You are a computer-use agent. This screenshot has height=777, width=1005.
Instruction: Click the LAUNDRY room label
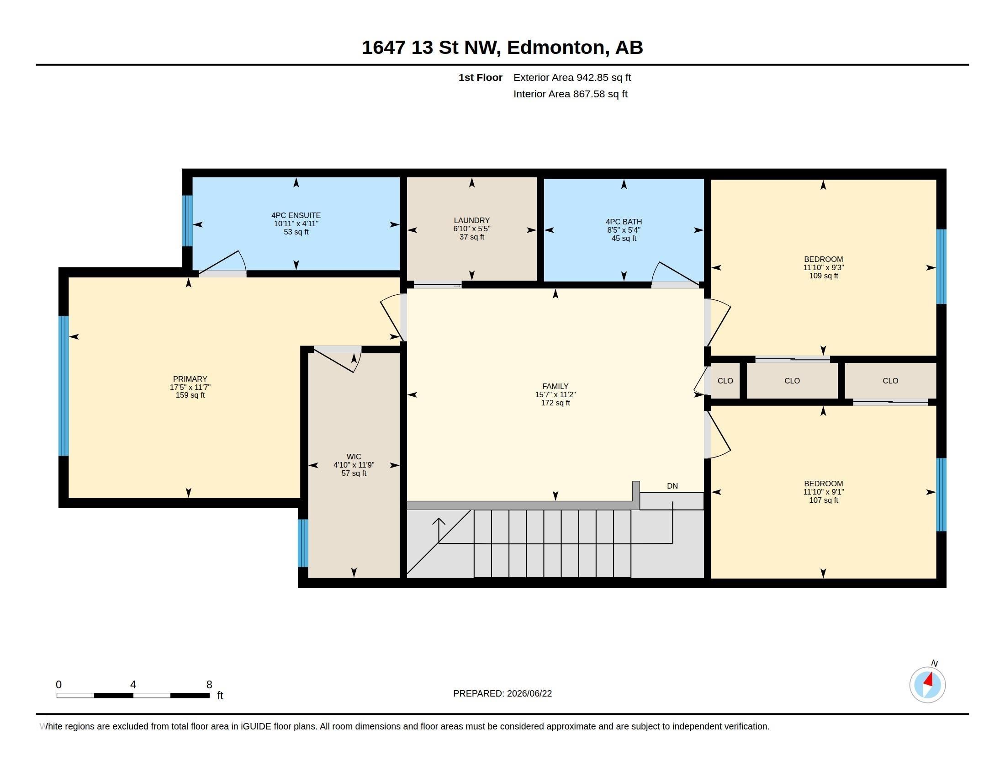point(472,220)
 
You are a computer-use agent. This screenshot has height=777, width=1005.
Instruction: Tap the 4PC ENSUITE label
point(296,215)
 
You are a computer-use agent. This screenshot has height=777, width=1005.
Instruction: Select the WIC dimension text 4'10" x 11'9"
point(354,465)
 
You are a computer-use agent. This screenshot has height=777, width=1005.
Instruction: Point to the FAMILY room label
point(555,386)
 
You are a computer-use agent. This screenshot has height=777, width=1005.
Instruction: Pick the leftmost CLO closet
point(725,381)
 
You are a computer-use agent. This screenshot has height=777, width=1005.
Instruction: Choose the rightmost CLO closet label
point(890,381)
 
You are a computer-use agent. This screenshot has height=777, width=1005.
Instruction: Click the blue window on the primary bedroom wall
point(64,386)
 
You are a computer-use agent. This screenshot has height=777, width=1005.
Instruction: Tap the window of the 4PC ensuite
point(187,221)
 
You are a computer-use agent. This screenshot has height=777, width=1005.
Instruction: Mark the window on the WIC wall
point(303,543)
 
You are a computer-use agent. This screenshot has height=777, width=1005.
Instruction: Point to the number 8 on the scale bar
point(209,685)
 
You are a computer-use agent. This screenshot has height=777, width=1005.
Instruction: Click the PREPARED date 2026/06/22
point(529,693)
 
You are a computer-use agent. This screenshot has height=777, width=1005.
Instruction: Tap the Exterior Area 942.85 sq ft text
point(572,77)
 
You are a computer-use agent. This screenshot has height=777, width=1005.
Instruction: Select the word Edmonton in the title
point(556,48)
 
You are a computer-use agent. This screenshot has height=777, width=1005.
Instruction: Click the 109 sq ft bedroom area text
point(823,276)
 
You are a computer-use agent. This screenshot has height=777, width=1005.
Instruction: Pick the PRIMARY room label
point(190,379)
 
